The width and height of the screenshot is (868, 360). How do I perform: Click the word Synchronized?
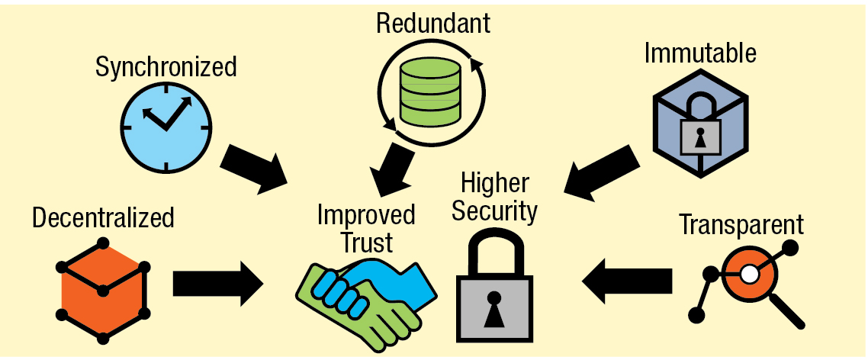tap(166, 68)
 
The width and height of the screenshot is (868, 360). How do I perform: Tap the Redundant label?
tap(432, 23)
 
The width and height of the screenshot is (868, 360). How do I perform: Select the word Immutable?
tap(699, 53)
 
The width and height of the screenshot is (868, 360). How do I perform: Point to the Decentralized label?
tap(103, 218)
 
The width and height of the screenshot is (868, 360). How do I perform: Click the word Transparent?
tap(741, 225)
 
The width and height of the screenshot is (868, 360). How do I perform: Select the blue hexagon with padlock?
tap(699, 122)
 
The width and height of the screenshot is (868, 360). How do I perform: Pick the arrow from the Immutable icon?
tap(602, 172)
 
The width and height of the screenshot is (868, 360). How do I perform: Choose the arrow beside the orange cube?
tap(217, 284)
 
